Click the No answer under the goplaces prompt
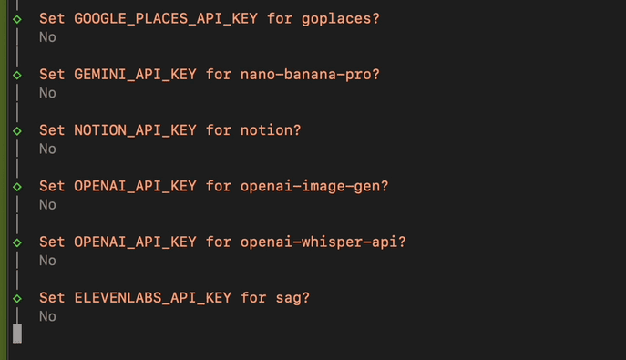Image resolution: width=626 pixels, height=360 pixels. click(x=47, y=37)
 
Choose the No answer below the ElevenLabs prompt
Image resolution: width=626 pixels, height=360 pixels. click(x=47, y=316)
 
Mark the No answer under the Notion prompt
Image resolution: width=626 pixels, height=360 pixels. click(x=47, y=149)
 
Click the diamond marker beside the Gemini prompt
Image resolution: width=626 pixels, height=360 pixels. click(x=17, y=75)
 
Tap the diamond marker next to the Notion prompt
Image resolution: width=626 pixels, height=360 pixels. click(x=17, y=130)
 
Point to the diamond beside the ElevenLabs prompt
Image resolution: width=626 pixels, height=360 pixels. click(x=17, y=298)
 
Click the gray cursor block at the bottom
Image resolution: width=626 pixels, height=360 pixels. click(x=17, y=334)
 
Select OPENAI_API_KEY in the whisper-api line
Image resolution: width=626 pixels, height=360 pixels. click(x=135, y=242)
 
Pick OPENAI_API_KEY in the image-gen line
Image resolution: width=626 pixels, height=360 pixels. click(x=135, y=186)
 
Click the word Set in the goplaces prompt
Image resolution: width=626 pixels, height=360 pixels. click(x=52, y=18)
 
